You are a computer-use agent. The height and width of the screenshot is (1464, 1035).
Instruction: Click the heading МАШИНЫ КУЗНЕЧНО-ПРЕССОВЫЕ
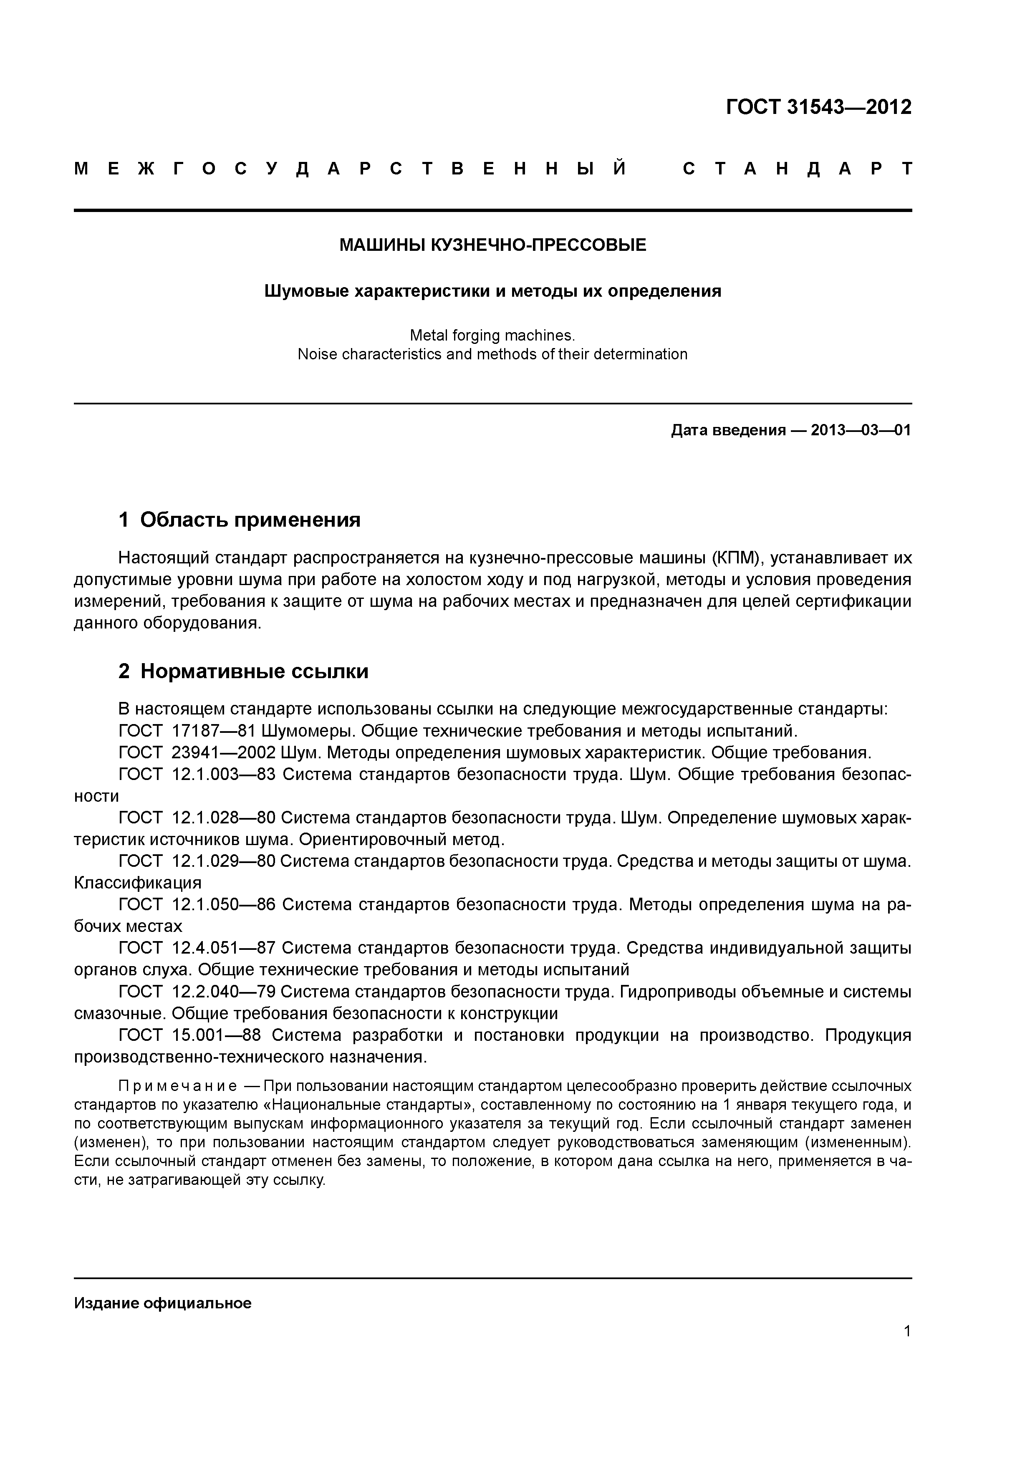492,245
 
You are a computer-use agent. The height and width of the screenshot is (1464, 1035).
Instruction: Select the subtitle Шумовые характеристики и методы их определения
492,291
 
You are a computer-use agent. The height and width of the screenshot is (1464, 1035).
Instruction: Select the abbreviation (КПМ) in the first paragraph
737,558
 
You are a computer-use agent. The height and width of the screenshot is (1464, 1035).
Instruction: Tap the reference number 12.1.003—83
224,774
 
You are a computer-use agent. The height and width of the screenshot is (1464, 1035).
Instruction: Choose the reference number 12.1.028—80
223,818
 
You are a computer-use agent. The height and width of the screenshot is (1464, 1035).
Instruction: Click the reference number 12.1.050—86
224,904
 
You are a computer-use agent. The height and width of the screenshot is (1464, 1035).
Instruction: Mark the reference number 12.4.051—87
224,948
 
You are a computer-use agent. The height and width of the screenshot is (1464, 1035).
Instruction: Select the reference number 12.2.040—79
223,992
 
